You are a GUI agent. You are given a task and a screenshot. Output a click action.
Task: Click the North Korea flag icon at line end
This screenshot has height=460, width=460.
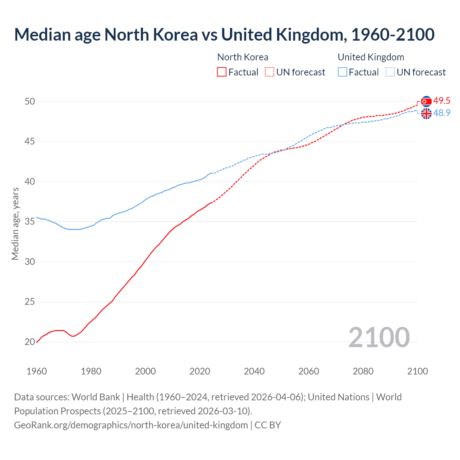pos(426,102)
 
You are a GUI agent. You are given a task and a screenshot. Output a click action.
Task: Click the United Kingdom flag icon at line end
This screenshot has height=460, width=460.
pos(426,114)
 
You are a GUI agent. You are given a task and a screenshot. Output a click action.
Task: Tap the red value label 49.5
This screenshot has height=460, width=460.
pos(442,101)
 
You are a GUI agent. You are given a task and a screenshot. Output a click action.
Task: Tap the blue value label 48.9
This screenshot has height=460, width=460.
pos(442,113)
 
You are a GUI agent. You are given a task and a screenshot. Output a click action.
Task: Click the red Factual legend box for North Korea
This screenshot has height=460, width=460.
pos(222,72)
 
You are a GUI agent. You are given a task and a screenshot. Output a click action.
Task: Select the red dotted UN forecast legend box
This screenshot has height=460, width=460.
pos(270,72)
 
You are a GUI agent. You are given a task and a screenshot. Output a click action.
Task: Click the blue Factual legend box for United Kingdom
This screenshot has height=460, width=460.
pos(342,72)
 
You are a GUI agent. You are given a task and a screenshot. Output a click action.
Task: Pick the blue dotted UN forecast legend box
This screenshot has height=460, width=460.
pos(390,72)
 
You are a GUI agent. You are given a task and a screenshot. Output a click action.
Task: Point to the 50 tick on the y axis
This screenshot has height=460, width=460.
pos(30,102)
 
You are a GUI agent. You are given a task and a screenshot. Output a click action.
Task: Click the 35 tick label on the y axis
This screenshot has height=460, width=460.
pos(30,222)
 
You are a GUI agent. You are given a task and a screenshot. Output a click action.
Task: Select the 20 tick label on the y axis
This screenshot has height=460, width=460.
pos(30,342)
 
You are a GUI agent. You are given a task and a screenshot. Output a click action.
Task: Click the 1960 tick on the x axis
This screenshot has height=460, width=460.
pos(37,371)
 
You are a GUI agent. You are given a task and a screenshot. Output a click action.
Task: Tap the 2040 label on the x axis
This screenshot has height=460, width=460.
pos(254,371)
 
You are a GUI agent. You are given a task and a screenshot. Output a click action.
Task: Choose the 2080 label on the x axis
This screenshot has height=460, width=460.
pos(363,371)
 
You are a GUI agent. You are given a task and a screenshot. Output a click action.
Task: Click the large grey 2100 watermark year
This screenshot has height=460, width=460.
pos(379,337)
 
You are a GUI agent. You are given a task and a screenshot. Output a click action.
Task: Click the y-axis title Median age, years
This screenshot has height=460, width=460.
pos(15,224)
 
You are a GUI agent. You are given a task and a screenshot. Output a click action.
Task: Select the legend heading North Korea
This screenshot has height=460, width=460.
pos(243,57)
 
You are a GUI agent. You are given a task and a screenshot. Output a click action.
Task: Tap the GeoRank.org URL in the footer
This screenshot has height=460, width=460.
pos(131,425)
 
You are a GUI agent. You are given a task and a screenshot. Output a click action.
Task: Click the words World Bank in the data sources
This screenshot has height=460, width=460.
pos(96,397)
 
